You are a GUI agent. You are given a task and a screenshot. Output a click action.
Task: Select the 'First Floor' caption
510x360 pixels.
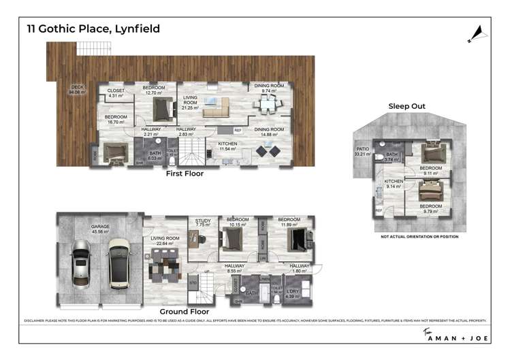coord(186,174)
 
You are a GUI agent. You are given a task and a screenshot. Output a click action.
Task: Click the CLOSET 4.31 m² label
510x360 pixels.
coord(116,93)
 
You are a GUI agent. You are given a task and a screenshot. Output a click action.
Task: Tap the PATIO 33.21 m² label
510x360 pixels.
coord(362,150)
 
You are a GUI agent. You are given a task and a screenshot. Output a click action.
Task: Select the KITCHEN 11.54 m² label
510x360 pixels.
coord(227,146)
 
